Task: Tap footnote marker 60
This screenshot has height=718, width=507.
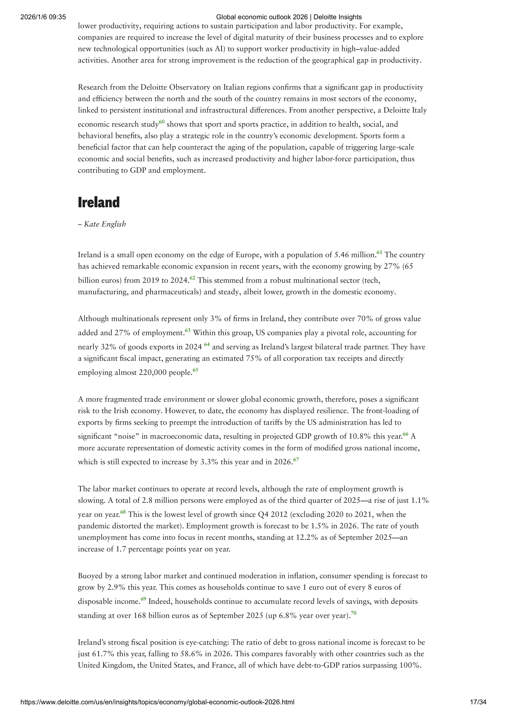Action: [x=162, y=122]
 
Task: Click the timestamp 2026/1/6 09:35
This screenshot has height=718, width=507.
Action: [x=43, y=17]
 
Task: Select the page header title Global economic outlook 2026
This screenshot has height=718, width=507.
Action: [x=289, y=17]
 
